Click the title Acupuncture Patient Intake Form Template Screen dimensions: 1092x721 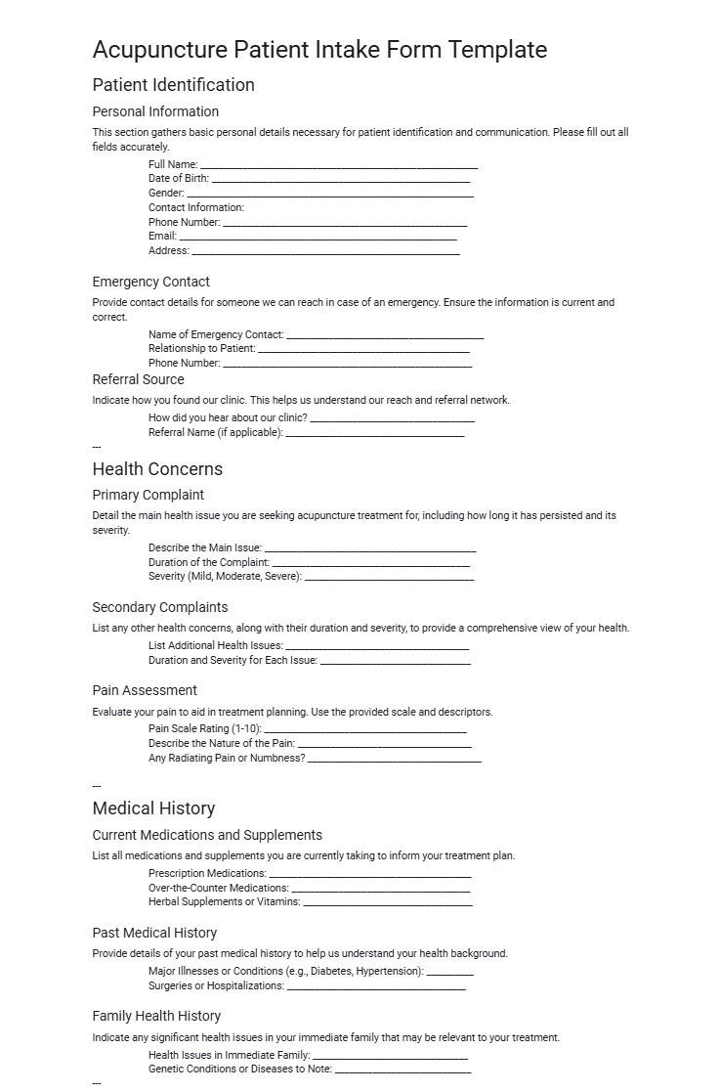coord(319,50)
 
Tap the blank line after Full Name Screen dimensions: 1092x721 coord(338,166)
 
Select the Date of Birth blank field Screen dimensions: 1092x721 coord(340,180)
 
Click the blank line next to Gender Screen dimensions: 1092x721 coord(329,195)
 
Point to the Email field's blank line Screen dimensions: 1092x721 coord(318,238)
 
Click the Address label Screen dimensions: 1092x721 coord(168,250)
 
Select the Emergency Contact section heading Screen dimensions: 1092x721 coord(150,282)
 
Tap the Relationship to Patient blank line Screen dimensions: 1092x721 coord(363,350)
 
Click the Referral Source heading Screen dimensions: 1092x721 coord(138,379)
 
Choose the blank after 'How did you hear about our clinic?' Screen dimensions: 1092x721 coord(392,419)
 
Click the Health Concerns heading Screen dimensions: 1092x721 coord(157,469)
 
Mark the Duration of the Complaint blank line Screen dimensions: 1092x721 coord(370,564)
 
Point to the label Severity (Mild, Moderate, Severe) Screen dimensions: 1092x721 coord(225,577)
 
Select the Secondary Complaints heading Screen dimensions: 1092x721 coord(160,607)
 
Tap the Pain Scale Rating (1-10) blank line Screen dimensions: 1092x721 coord(365,730)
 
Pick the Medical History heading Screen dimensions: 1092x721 coord(153,808)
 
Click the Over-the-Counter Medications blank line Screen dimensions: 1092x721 coord(381,890)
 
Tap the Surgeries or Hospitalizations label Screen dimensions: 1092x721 coord(216,985)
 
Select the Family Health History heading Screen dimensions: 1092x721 coord(156,1016)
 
